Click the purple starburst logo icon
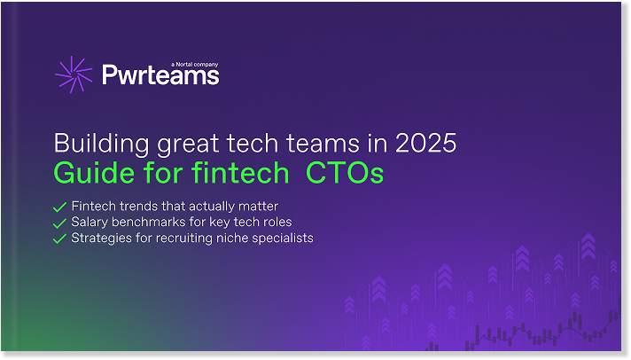click(74, 74)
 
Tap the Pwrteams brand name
click(160, 74)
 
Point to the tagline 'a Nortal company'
click(195, 65)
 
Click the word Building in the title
click(101, 145)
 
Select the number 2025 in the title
click(425, 143)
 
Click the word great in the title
click(188, 145)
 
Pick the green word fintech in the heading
click(240, 173)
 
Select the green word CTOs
click(345, 173)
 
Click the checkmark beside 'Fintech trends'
click(59, 207)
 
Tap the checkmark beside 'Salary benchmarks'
click(59, 223)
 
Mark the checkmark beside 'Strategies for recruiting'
click(59, 239)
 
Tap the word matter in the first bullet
click(259, 207)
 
